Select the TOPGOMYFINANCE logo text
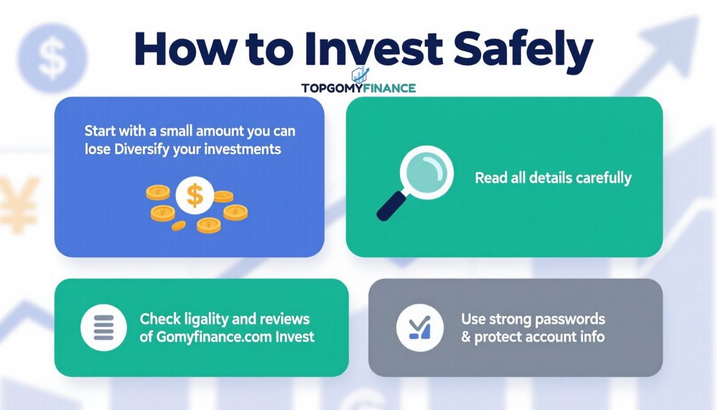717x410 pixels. tap(358, 88)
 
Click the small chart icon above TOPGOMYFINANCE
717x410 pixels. tap(360, 74)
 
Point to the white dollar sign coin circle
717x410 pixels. tap(195, 195)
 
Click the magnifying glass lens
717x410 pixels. tap(426, 172)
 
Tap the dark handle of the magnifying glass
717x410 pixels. tap(391, 206)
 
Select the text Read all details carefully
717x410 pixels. tap(553, 178)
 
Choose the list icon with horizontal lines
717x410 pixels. tap(103, 327)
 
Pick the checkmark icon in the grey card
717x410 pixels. tap(420, 327)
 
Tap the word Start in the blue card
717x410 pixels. tap(99, 131)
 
